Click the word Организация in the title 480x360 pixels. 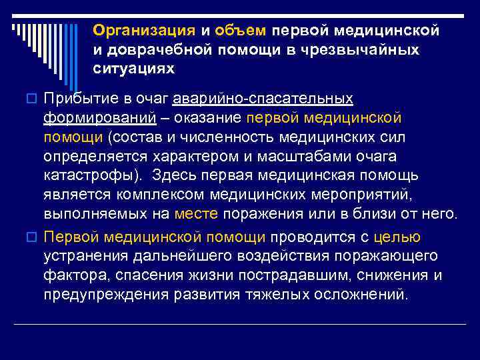coord(144,31)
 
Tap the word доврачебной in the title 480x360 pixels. coord(155,50)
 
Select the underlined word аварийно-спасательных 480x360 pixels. coord(263,99)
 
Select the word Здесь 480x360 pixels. coord(171,176)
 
